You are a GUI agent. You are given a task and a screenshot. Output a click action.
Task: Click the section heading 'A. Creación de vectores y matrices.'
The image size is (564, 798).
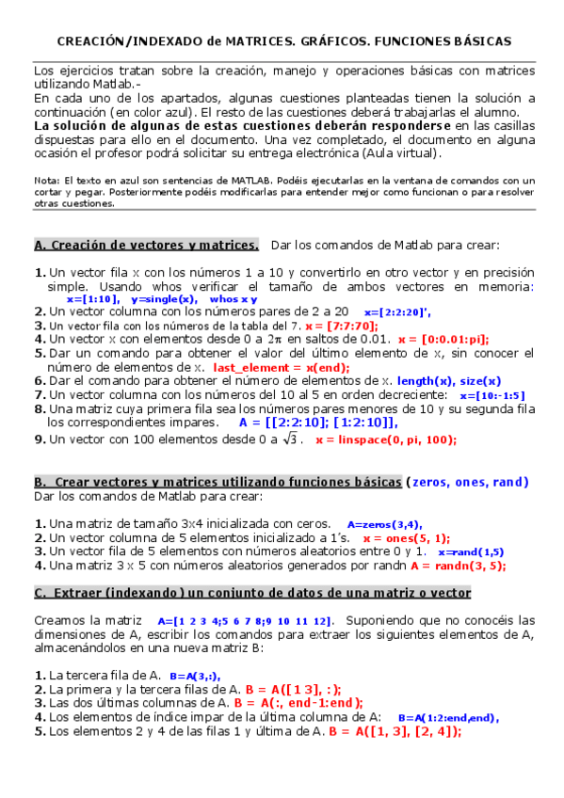(146, 246)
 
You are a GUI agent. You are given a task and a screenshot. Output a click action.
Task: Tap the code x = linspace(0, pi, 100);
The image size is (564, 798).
(386, 439)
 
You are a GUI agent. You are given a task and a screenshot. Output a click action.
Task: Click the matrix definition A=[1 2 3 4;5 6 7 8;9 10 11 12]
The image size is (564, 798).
(244, 621)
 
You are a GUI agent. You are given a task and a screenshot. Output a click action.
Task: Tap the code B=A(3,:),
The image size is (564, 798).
(196, 676)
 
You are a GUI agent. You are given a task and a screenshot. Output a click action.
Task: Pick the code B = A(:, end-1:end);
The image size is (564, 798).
(298, 702)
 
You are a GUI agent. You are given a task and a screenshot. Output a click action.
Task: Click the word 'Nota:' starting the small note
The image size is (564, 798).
(46, 180)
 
